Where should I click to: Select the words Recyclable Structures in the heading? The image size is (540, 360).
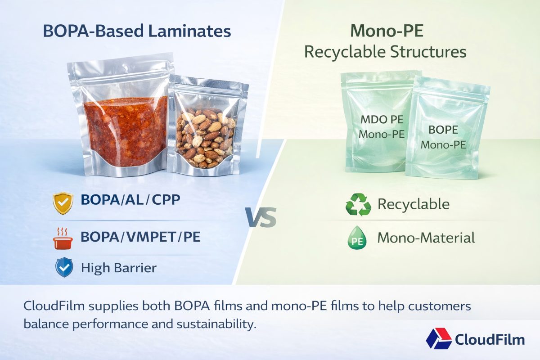click(385, 52)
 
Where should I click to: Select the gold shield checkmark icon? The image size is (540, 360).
click(62, 203)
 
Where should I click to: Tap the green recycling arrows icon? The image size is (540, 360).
click(358, 204)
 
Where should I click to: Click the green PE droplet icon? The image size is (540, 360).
click(357, 239)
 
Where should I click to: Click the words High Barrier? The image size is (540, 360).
click(118, 268)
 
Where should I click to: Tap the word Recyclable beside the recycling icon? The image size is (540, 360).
click(413, 204)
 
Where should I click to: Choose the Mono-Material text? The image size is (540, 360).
click(426, 238)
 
